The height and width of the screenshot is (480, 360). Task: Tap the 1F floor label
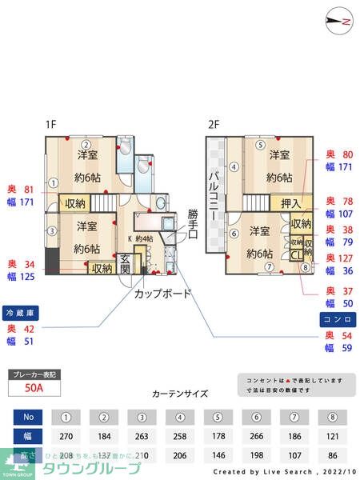click(51, 125)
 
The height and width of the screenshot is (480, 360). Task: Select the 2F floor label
click(213, 125)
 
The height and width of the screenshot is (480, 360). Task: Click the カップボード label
click(162, 293)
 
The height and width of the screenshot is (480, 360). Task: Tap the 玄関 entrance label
click(126, 263)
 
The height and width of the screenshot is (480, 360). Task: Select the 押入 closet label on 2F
click(290, 205)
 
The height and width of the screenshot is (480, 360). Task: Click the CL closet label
click(294, 255)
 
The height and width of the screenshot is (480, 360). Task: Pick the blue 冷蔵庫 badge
click(22, 312)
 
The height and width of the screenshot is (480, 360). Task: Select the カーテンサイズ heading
click(179, 394)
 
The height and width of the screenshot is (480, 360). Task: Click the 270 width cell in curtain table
click(67, 436)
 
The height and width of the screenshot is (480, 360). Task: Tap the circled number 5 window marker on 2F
click(261, 145)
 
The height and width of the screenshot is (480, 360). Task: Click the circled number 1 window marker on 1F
click(52, 182)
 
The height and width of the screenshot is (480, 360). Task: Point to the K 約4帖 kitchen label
click(141, 238)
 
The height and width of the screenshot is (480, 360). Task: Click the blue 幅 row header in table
click(28, 436)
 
